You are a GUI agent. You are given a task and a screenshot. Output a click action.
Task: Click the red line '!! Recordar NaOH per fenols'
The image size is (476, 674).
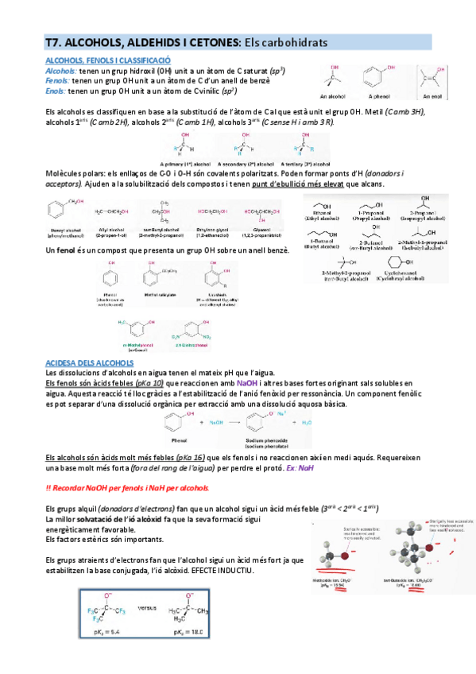pos(128,487)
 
